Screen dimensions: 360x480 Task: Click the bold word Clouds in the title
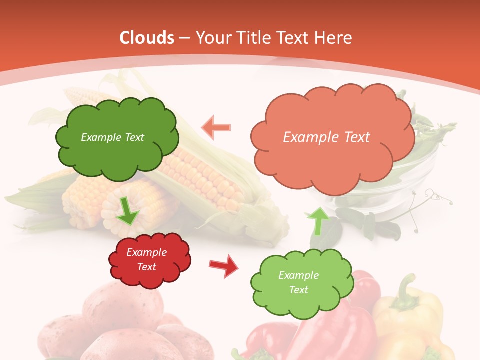(147, 38)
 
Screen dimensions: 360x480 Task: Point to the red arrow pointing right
(224, 265)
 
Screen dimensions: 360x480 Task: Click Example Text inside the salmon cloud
(326, 137)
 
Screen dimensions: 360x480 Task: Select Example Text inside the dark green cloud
(112, 137)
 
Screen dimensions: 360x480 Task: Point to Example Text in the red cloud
(147, 260)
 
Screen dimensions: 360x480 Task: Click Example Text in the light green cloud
(298, 282)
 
